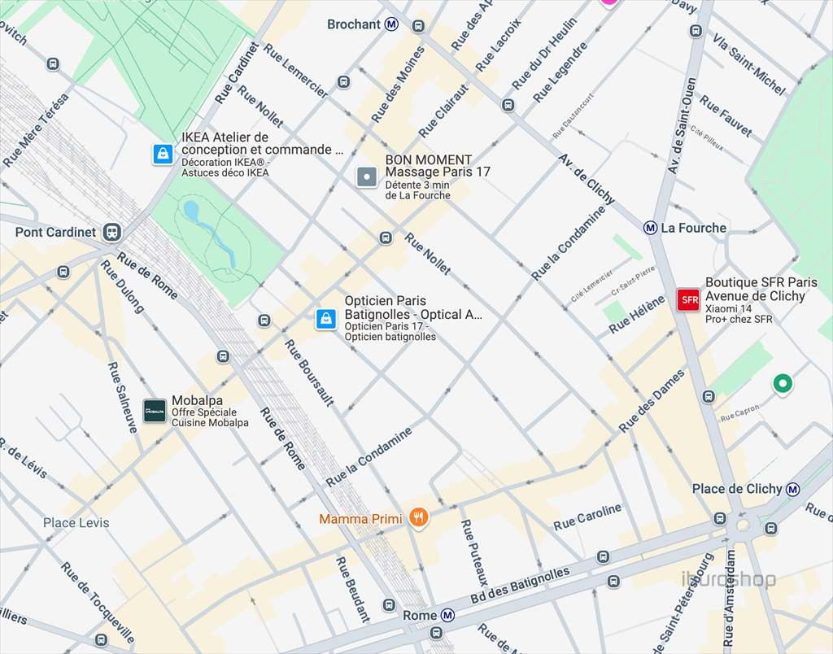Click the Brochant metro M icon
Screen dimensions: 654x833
392,24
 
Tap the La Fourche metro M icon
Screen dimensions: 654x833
650,228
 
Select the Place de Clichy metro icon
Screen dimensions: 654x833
792,489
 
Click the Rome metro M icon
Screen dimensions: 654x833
447,616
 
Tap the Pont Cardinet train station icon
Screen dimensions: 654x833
111,233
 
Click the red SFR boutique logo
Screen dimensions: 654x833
689,299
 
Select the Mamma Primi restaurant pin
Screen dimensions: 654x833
418,517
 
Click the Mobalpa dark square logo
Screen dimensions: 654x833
155,411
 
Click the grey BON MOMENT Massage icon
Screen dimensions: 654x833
367,176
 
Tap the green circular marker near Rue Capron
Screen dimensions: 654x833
783,383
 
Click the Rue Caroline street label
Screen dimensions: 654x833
587,517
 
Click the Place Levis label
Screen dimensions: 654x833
76,522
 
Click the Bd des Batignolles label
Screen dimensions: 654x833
521,586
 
